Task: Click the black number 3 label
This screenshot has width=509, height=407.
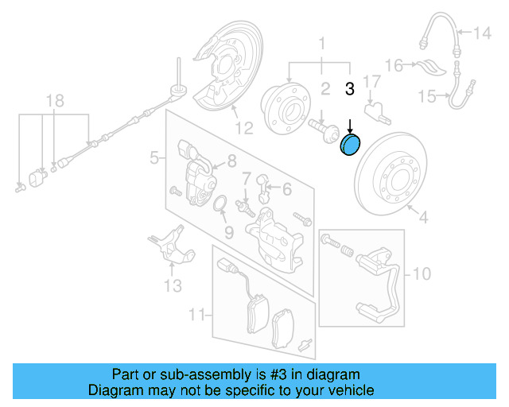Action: point(348,89)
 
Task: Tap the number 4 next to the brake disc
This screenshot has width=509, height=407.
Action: point(423,216)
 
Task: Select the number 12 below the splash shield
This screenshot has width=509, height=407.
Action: point(243,127)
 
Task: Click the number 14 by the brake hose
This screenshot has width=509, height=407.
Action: point(484,33)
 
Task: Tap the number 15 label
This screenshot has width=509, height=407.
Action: point(427,97)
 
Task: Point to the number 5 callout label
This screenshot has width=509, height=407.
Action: point(154,159)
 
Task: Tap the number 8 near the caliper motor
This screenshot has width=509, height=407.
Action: point(231,161)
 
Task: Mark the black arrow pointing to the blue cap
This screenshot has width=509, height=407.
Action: point(351,126)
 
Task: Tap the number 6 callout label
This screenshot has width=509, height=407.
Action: point(286,188)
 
